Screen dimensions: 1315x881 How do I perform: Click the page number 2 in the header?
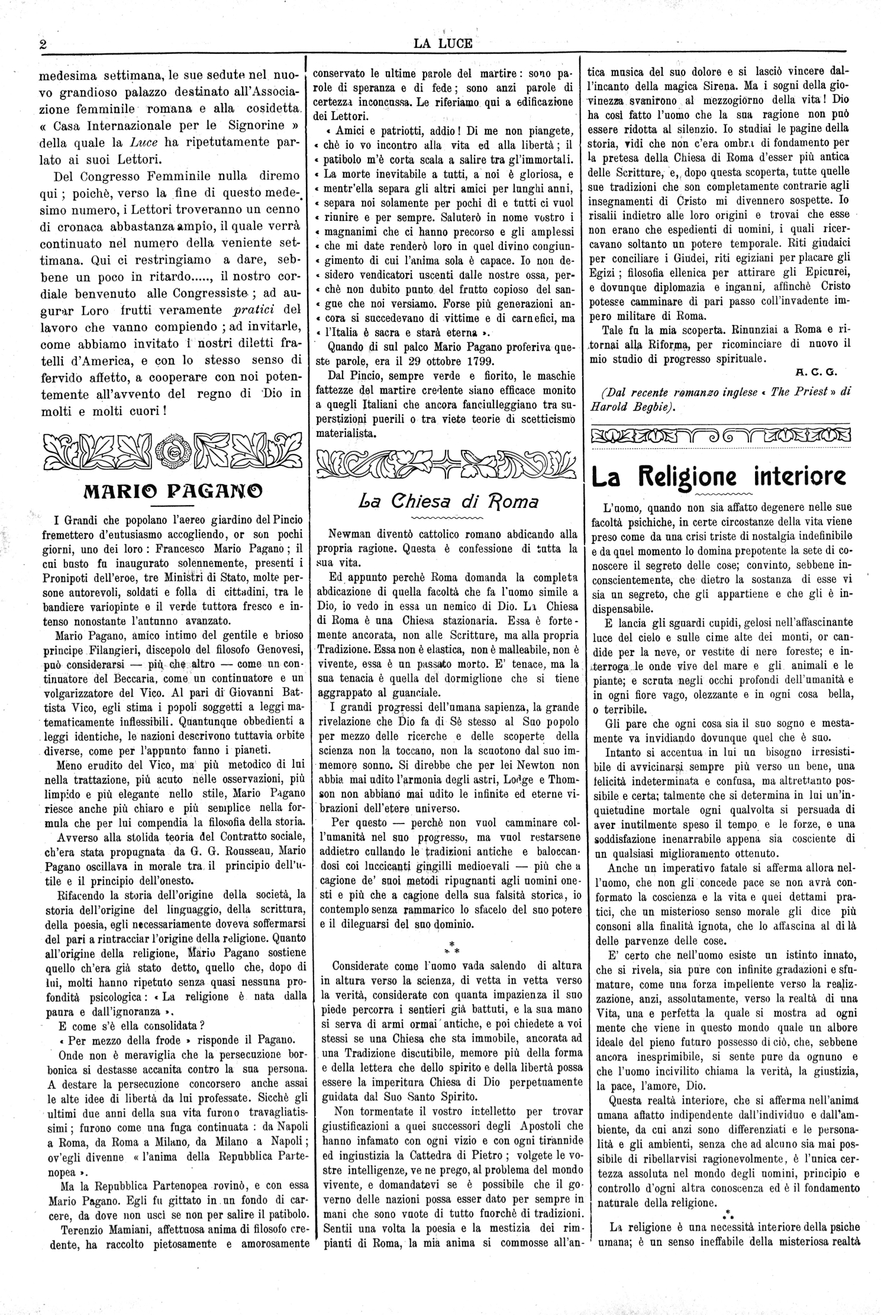click(x=43, y=46)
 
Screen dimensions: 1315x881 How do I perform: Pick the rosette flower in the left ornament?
click(x=173, y=453)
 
